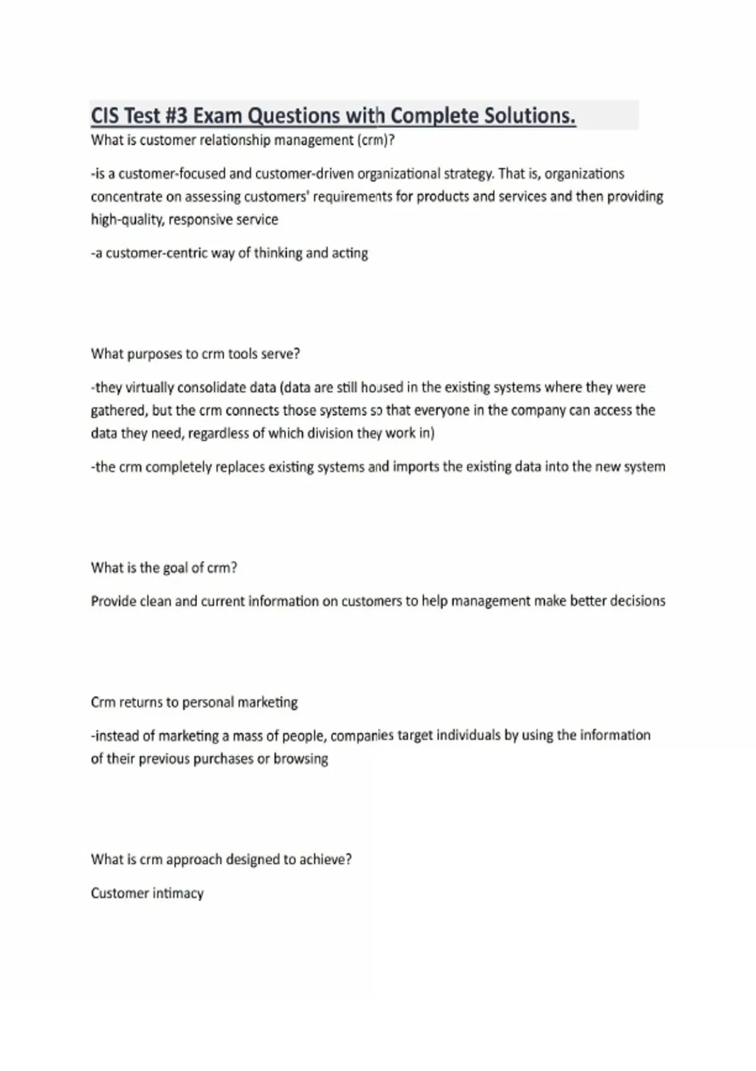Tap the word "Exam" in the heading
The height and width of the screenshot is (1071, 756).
[218, 116]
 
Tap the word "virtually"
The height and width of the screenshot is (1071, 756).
[150, 387]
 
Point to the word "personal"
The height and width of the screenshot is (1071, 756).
[209, 702]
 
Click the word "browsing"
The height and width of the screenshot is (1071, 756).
[301, 759]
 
